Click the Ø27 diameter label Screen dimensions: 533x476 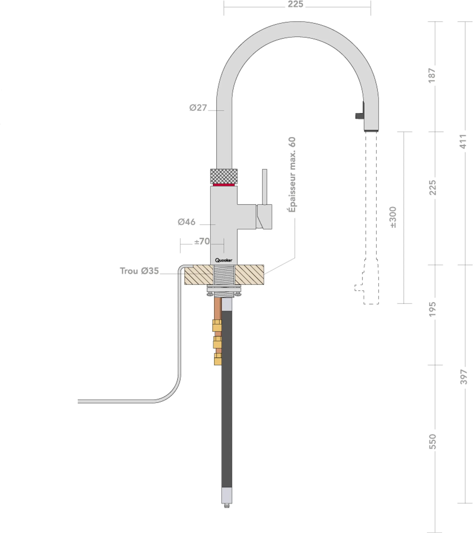click(198, 108)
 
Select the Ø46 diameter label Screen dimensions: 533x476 click(186, 222)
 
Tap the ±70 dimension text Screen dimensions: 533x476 click(202, 241)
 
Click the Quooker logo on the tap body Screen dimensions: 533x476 click(224, 260)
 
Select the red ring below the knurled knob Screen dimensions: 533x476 click(224, 185)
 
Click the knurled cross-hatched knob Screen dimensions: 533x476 click(224, 176)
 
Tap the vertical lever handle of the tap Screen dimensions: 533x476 click(264, 186)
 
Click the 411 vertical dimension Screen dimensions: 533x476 click(463, 142)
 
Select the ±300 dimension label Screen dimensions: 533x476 click(393, 217)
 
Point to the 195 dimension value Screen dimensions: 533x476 click(432, 309)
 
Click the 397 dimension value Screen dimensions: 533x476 click(463, 377)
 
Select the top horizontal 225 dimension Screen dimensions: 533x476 click(295, 4)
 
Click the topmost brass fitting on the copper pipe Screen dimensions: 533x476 click(217, 325)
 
